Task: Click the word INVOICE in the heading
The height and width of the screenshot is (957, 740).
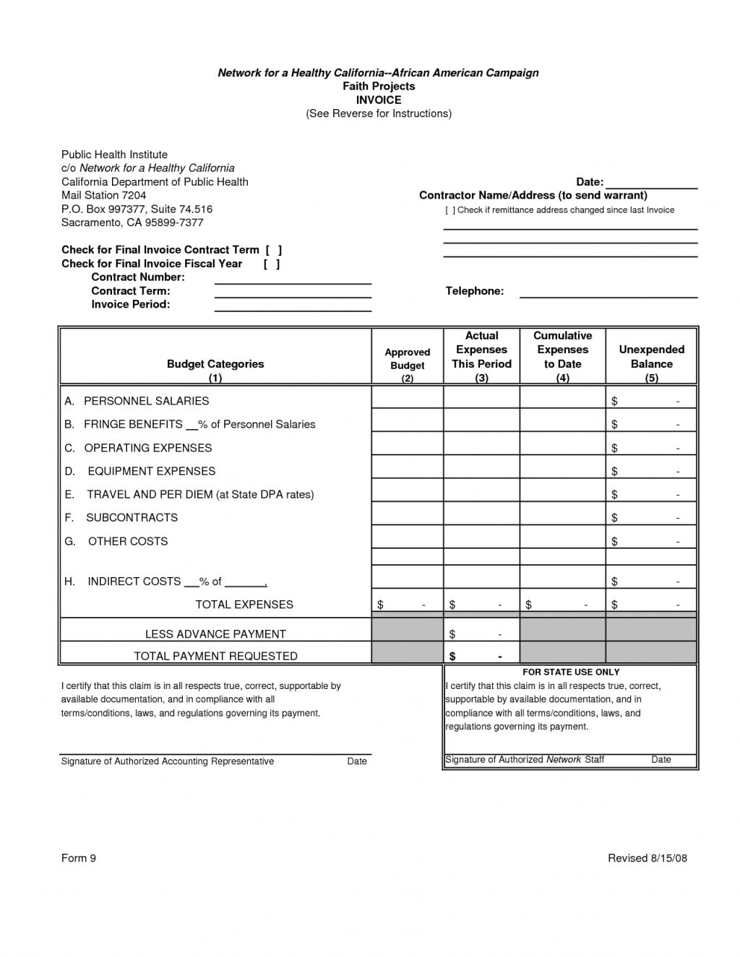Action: pos(379,100)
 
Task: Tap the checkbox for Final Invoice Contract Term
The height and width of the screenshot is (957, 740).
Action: pos(273,250)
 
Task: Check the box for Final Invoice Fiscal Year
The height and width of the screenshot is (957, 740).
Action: pos(272,264)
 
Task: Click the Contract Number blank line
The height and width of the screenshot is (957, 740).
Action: pos(293,282)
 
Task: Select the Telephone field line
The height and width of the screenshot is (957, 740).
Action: pos(608,295)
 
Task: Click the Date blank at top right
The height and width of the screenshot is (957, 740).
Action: pos(651,186)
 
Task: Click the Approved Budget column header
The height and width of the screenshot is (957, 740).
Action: pos(407,359)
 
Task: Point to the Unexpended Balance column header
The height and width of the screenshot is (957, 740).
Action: pos(651,357)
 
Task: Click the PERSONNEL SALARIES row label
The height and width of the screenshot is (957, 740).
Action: pos(146,401)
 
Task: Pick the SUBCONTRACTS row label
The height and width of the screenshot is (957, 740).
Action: pos(132,517)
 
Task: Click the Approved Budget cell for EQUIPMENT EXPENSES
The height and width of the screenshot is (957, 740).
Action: pos(407,471)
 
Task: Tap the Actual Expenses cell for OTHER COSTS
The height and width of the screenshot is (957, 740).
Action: pos(481,541)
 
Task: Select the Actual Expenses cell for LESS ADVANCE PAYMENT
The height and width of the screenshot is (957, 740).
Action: pos(481,633)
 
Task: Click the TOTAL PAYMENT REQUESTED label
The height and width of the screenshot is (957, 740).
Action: pos(215,656)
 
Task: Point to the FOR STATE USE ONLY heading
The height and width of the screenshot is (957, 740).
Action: pos(571,672)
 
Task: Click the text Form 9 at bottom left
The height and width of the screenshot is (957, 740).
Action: pos(79,858)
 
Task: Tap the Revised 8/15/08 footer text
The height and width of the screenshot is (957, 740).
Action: pos(647,858)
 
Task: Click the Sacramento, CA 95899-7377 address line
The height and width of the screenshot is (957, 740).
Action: pos(132,222)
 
